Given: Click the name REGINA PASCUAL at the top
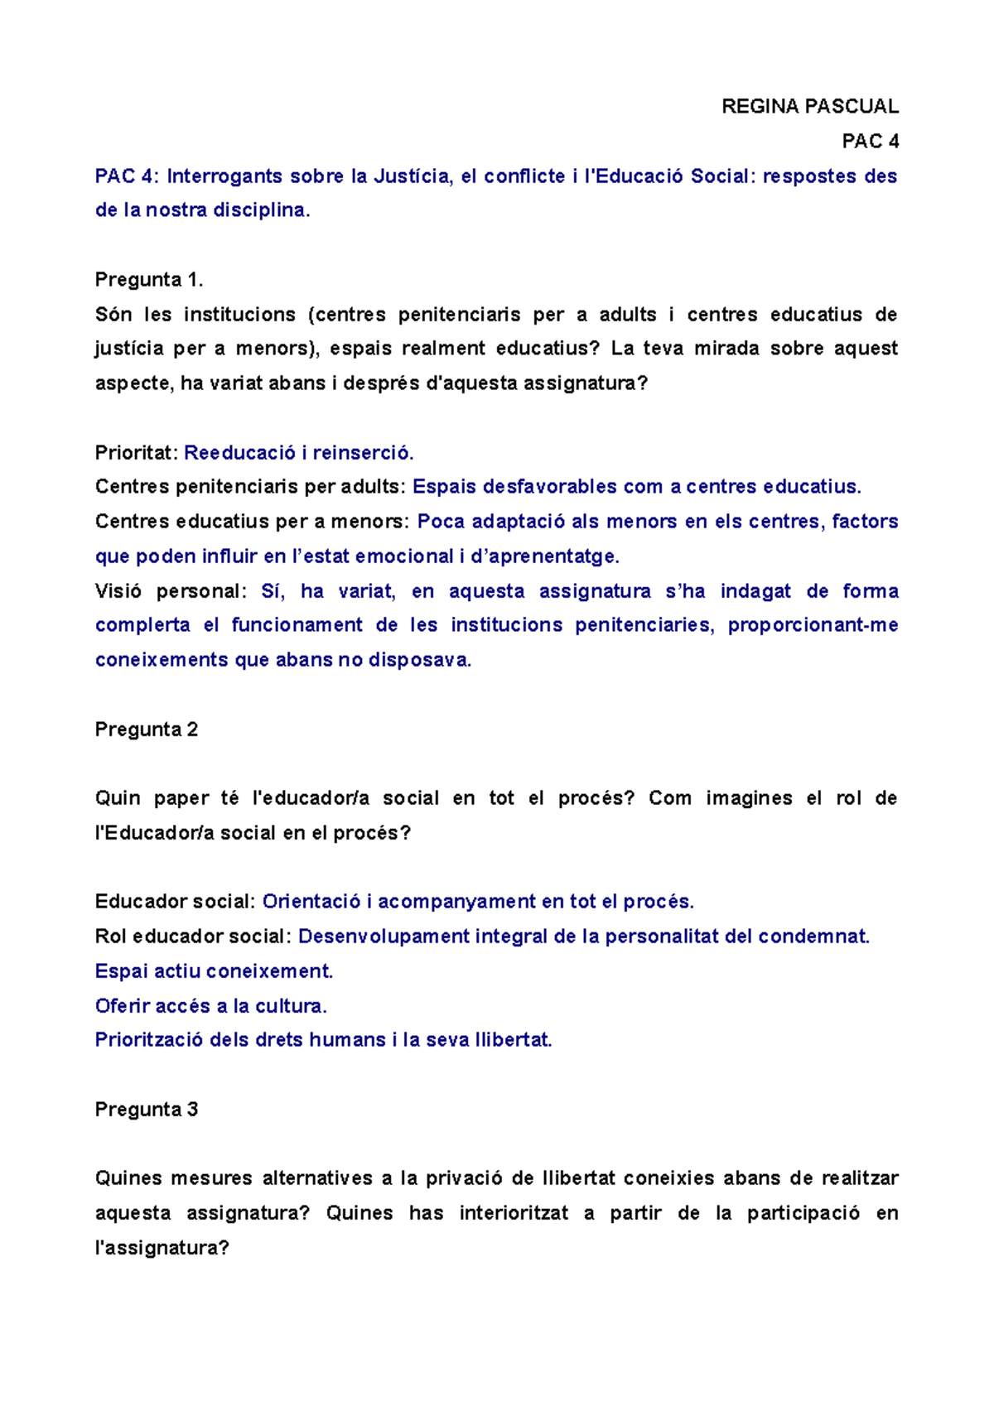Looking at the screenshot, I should coord(809,106).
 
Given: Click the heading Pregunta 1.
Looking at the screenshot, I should coord(149,280).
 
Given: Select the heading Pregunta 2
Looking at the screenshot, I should coord(147,729).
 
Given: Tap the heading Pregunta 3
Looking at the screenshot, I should coord(147,1110).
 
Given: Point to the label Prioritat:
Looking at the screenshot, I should coord(137,453).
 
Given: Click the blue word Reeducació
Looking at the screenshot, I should coord(239,453).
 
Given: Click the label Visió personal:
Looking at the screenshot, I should coord(171,591).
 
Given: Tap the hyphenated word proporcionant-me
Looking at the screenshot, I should coord(813,625).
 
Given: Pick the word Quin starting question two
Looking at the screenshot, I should coord(118,798).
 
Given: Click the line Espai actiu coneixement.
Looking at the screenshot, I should coord(214,971).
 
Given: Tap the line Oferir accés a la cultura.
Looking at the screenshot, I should coord(211,1006).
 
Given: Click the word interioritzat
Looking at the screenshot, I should coord(514,1213).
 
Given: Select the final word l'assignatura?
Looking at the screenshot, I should coord(162,1248).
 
